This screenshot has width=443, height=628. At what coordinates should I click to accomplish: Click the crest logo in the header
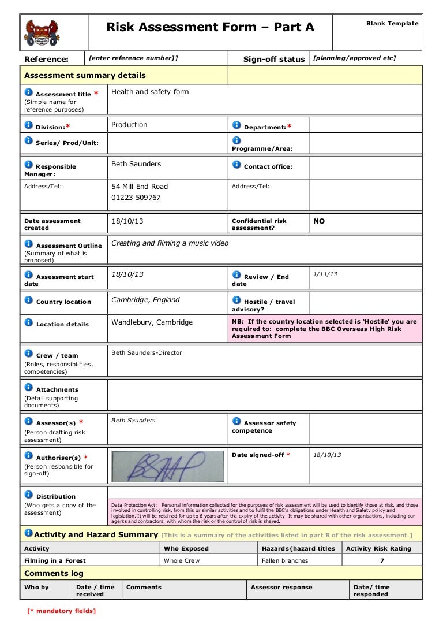click(x=42, y=32)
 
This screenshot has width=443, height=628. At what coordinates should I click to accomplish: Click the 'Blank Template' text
click(x=392, y=24)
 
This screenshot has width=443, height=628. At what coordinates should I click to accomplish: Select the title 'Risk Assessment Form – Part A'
click(x=211, y=27)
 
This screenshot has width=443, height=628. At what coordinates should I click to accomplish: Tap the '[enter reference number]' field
click(x=133, y=58)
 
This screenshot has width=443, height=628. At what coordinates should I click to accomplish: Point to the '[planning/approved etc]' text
click(x=354, y=58)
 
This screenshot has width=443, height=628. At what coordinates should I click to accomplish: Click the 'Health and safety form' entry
click(x=150, y=92)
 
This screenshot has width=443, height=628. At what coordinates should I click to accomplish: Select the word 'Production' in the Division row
click(x=129, y=125)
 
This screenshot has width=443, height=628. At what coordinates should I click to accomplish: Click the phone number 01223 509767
click(x=136, y=198)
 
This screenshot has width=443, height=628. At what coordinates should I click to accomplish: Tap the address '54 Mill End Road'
click(x=140, y=187)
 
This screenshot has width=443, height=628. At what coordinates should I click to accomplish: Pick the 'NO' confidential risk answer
click(x=319, y=221)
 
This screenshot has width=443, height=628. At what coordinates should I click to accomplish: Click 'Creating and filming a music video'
click(x=170, y=243)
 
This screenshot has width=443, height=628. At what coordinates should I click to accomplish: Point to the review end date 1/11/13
click(x=325, y=274)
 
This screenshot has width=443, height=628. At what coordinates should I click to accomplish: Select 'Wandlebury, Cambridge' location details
click(x=152, y=322)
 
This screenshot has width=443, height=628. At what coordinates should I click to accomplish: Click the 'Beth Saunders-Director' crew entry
click(x=147, y=352)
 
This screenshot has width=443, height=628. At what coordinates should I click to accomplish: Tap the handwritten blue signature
click(x=167, y=465)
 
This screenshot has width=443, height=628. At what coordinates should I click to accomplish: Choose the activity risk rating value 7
click(x=382, y=560)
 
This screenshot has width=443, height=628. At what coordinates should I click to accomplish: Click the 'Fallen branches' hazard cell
click(x=285, y=560)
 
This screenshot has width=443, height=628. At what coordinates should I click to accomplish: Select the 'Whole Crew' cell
click(x=182, y=560)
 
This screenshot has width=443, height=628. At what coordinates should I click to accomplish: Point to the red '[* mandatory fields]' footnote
click(x=62, y=611)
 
